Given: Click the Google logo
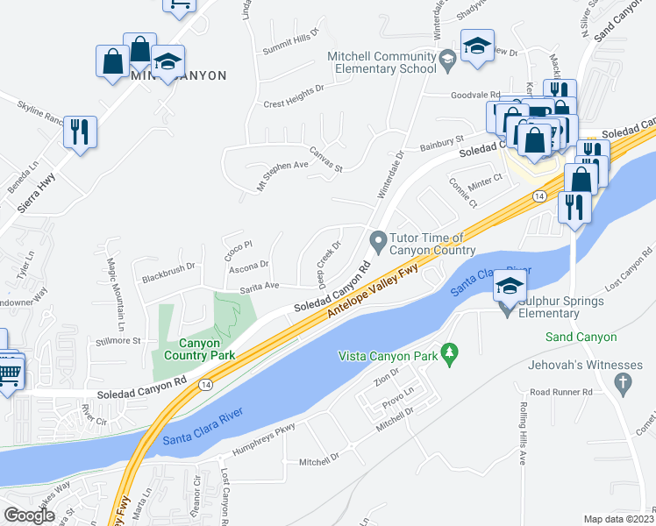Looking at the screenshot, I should point(29,515).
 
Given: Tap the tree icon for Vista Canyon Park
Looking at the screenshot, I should point(450,353).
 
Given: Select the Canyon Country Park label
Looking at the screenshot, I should point(195,349).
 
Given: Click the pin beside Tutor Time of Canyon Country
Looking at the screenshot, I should point(378,239).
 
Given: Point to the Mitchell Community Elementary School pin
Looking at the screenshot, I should point(447,60).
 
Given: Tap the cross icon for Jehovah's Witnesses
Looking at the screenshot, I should point(624,382).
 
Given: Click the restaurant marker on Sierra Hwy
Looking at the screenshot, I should point(80,131).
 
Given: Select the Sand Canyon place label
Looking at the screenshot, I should point(581,337).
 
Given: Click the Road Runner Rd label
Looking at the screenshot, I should point(561,393).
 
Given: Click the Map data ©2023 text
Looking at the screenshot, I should point(618,519).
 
